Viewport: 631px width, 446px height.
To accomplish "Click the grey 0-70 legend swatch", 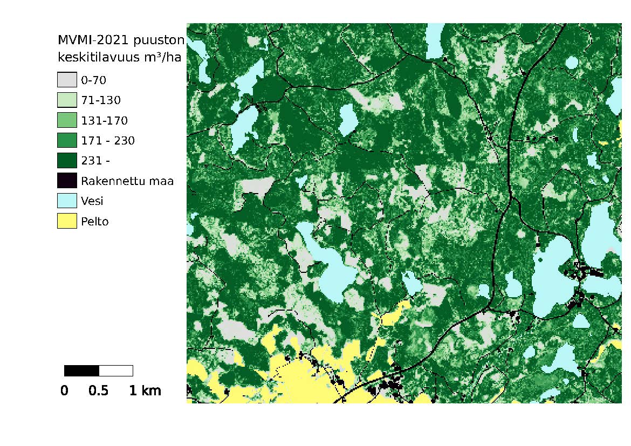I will click(67, 80).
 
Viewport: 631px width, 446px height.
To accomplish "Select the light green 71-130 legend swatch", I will click(67, 100).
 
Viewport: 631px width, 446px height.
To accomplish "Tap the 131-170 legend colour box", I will click(67, 120).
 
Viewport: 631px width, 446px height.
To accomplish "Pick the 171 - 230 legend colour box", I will click(67, 140).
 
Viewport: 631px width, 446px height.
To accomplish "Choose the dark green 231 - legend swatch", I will click(67, 160).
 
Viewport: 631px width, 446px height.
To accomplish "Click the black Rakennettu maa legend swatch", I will click(67, 181).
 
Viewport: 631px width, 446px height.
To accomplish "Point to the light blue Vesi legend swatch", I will click(67, 201).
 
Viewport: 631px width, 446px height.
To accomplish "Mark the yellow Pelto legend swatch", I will click(67, 221).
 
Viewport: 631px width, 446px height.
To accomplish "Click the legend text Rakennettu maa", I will click(127, 181).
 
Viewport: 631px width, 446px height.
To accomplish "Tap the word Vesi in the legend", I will click(92, 201).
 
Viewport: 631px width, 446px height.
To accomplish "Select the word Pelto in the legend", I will click(95, 221).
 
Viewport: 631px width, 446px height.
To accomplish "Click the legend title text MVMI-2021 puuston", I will click(121, 40).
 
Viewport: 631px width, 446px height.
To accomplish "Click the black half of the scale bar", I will click(81, 370).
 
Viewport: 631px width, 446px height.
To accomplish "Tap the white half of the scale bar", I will click(116, 370).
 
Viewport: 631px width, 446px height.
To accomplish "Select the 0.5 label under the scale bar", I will click(98, 391).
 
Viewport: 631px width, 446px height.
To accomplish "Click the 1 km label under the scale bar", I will click(145, 391).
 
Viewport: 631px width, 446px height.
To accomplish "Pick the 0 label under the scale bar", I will click(64, 391).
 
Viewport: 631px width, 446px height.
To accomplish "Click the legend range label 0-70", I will click(94, 81).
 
